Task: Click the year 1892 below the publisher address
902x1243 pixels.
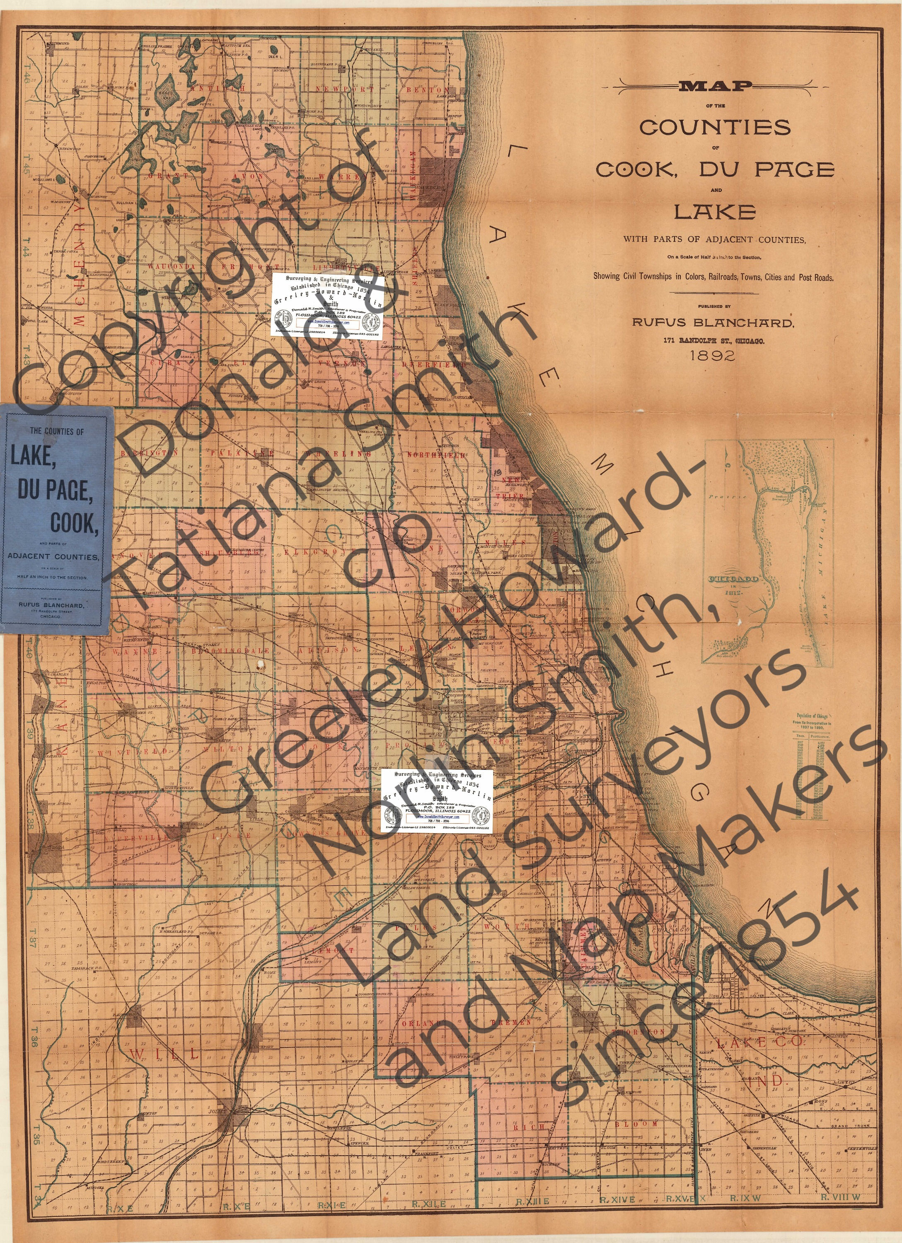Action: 712,355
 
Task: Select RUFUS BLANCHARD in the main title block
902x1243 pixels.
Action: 712,323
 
